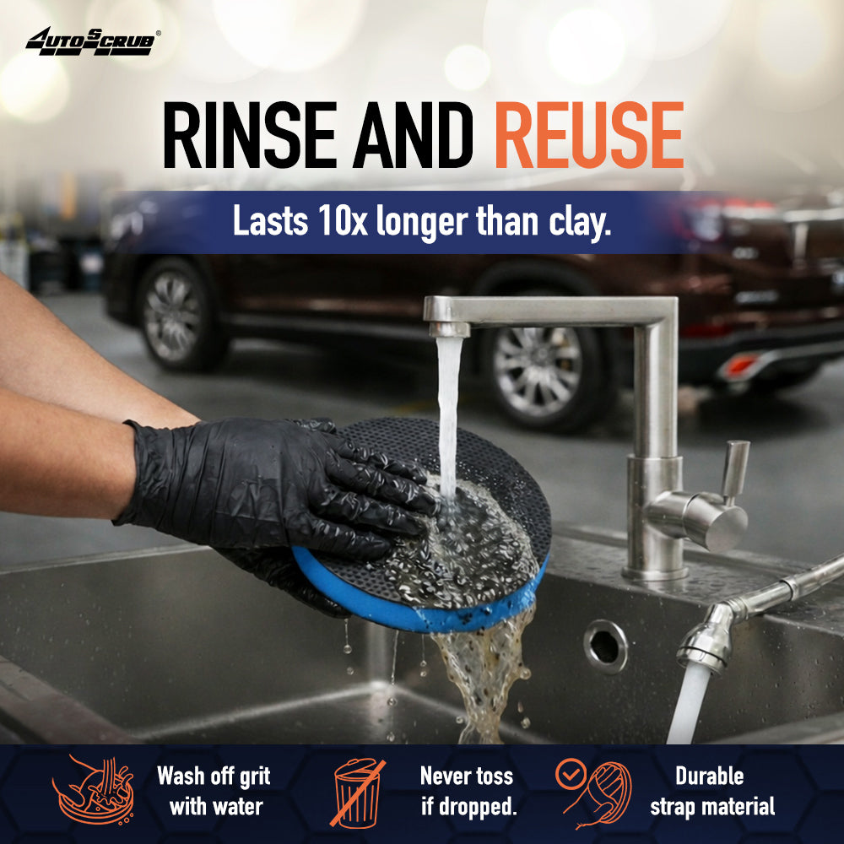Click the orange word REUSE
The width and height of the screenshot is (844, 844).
pyautogui.click(x=589, y=135)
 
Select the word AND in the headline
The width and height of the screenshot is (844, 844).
pyautogui.click(x=414, y=135)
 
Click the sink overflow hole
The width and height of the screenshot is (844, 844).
pyautogui.click(x=605, y=647)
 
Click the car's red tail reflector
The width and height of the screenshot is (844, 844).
pyautogui.click(x=740, y=366)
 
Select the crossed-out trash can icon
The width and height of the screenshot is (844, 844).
pyautogui.click(x=357, y=793)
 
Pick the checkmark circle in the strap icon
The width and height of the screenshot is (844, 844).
pyautogui.click(x=571, y=774)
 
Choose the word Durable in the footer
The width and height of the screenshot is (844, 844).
pyautogui.click(x=710, y=776)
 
